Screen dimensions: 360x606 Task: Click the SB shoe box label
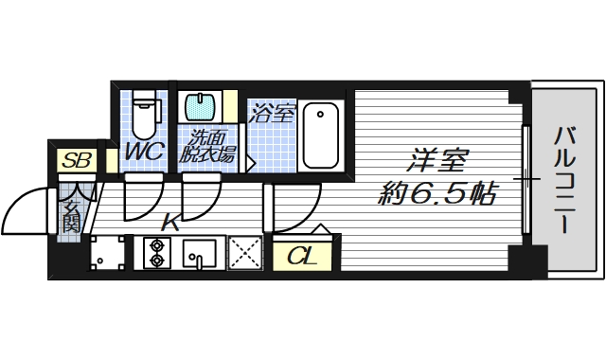pyautogui.click(x=76, y=161)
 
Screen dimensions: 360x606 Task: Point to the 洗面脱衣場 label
pyautogui.click(x=208, y=146)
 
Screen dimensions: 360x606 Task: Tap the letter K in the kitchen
pyautogui.click(x=169, y=224)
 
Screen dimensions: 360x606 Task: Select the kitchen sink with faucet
pyautogui.click(x=200, y=254)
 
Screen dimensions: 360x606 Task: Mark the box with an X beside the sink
pyautogui.click(x=244, y=254)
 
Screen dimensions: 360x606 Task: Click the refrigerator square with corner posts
pyautogui.click(x=107, y=253)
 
